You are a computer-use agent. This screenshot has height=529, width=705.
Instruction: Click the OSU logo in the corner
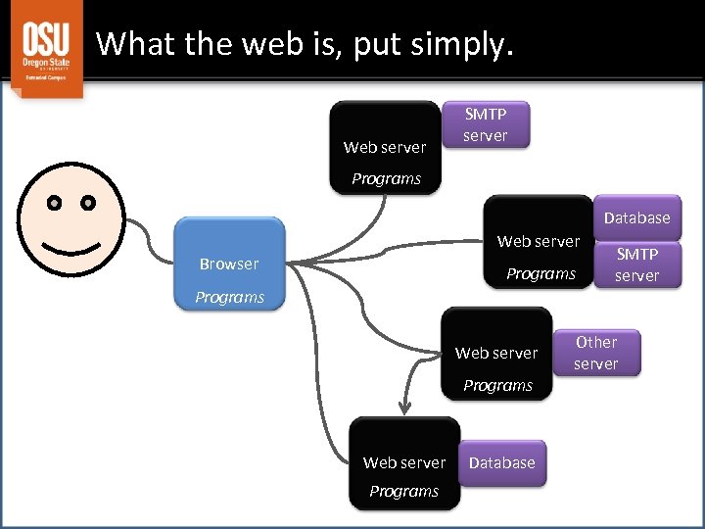(46, 48)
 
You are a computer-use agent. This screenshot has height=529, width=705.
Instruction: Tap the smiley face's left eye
(55, 204)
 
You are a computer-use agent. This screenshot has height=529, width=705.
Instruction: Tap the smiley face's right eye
(88, 204)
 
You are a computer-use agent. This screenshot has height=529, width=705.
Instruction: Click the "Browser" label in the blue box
(228, 264)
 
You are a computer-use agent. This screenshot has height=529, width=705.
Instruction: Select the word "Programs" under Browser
(229, 297)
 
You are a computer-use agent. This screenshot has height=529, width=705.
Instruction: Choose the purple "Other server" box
(595, 353)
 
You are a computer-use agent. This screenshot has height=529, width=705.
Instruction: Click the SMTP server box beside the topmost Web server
(486, 124)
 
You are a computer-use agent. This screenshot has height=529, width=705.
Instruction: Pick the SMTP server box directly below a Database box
(636, 264)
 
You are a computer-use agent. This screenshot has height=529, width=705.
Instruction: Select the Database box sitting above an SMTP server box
(636, 217)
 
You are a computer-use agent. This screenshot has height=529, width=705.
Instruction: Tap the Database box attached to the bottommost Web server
(502, 462)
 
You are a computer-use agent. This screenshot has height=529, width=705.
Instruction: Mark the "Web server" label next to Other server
(496, 353)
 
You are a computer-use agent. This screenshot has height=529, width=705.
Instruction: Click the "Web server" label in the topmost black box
(385, 147)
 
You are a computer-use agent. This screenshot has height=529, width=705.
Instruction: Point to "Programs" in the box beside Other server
(497, 385)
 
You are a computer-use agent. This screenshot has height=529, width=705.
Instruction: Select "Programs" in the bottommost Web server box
(403, 491)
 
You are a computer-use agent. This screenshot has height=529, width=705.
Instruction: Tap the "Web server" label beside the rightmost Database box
(539, 241)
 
